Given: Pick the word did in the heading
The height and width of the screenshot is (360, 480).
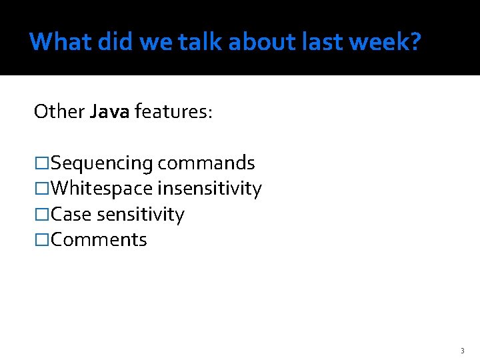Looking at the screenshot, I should coord(115,42).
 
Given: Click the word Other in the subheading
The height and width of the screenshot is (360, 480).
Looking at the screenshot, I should coord(59,111).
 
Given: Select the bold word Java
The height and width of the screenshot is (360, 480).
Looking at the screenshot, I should coord(110,111).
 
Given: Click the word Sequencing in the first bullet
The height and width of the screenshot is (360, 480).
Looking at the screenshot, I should coord(102,163).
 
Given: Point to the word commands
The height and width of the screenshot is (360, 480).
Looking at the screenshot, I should coord(207,163).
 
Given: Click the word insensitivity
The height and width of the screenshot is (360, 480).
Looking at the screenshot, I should coord(209,189).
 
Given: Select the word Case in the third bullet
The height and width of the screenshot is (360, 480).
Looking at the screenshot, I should coord(71,215).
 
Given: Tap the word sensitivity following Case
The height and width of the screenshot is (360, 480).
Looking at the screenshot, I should coord(141,215).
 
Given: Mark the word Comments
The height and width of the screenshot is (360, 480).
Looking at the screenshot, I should coord(99,240).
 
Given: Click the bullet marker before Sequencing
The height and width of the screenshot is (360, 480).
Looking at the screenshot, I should coord(41,163).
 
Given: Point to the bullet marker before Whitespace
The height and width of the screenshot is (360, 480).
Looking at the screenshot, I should coord(41,189).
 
